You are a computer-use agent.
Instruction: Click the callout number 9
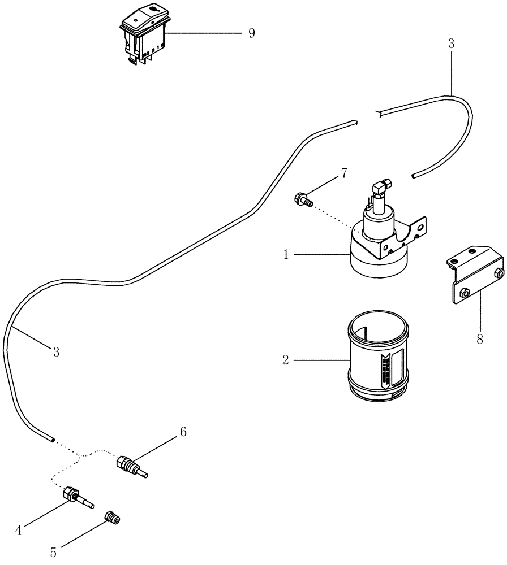point(251,33)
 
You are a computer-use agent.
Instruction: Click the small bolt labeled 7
point(300,198)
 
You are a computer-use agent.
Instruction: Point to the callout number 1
point(287,255)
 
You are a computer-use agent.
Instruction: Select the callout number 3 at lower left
point(56,352)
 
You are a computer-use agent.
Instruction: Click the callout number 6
point(183,432)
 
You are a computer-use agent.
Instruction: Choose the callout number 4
point(18,530)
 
